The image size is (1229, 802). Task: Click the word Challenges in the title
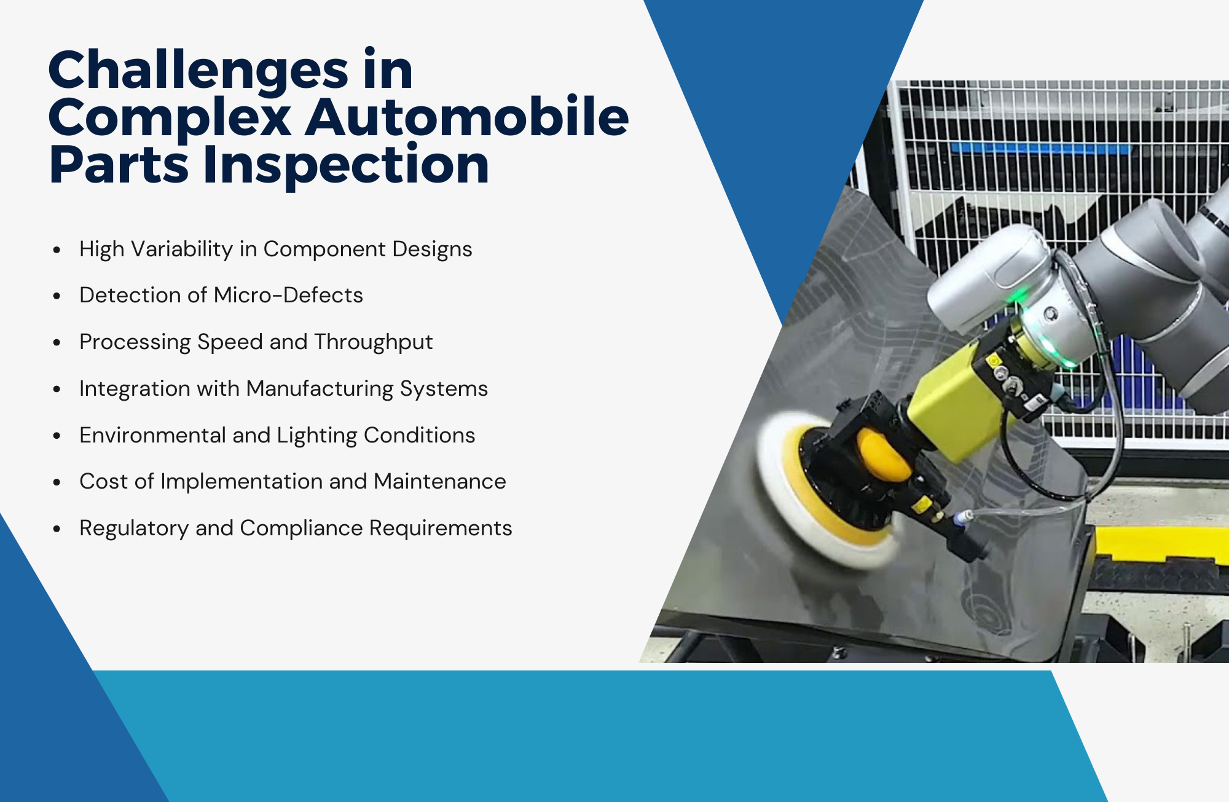pos(198,71)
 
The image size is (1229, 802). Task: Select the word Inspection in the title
pos(345,164)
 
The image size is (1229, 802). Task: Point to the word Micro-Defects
pos(288,295)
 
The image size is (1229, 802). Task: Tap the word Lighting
pos(317,436)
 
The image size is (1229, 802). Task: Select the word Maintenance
pos(439,481)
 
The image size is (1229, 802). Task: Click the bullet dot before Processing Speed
pos(57,342)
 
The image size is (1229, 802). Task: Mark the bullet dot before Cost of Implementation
pos(57,482)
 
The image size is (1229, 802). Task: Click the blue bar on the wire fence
pos(1039,149)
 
